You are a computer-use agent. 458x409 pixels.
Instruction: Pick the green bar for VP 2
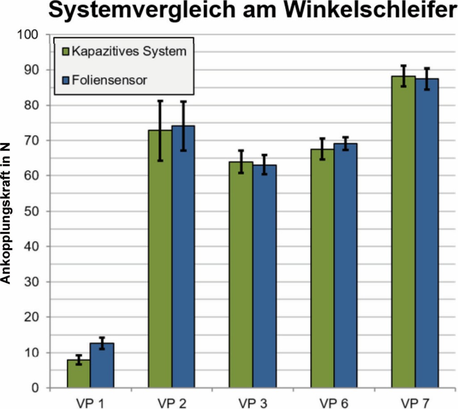160,259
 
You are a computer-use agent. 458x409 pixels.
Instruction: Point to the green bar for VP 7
403,232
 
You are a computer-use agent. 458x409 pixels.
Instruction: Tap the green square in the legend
65,51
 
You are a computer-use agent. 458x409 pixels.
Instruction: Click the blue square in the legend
65,80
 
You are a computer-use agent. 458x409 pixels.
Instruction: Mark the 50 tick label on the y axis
33,211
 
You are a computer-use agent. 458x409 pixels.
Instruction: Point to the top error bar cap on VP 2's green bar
160,101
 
